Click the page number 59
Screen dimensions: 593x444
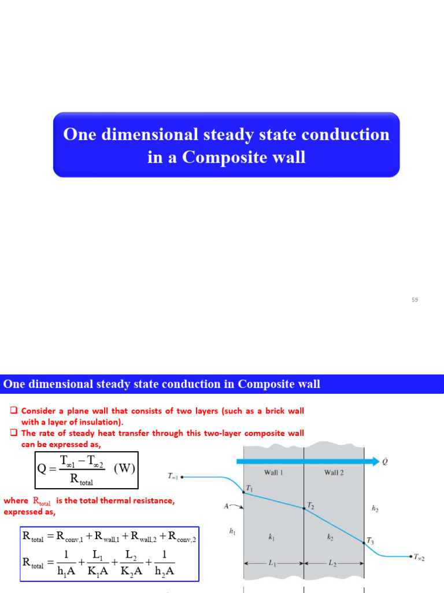tap(415, 299)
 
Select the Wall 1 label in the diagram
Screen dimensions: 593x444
tap(273, 473)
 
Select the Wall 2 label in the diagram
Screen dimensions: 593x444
tap(334, 473)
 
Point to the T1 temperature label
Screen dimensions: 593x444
tap(249, 489)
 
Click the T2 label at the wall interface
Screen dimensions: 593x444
tap(310, 505)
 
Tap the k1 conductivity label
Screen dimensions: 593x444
tap(271, 537)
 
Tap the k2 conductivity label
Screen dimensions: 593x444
tap(331, 537)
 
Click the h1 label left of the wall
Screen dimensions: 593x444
tap(232, 530)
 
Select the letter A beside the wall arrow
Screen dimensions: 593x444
tap(227, 506)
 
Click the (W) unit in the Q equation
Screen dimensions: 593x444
tap(124, 468)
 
